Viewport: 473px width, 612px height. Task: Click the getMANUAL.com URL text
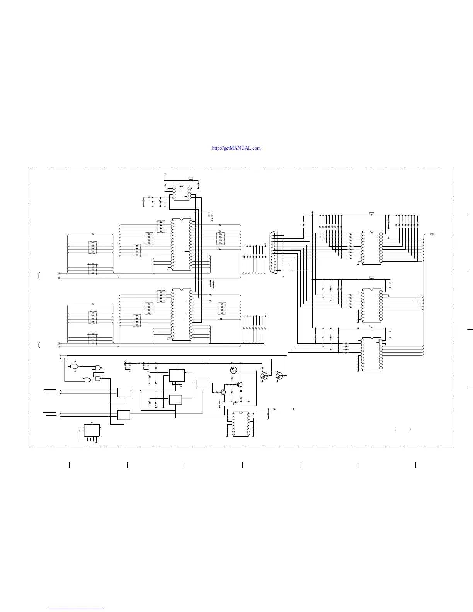pos(236,148)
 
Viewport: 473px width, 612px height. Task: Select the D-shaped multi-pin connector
pos(274,252)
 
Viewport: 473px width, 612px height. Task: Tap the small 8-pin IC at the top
pos(181,193)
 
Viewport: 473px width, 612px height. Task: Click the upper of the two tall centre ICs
pos(182,245)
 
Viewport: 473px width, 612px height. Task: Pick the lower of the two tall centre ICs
pos(182,314)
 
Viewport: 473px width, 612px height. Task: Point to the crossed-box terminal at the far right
pos(432,234)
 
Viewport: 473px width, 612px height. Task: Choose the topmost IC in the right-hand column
pos(372,248)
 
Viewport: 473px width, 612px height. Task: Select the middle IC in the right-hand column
pos(372,305)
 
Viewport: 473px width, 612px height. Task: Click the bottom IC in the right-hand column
pos(372,354)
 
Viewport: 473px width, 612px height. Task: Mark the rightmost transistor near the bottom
pos(279,376)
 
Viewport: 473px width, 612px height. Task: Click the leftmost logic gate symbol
pos(75,366)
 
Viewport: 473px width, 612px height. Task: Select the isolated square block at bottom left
pos(92,430)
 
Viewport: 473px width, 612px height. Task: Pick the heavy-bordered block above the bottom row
pos(177,376)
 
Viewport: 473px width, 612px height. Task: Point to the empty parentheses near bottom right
pos(403,429)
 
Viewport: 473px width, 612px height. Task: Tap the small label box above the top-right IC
pos(372,214)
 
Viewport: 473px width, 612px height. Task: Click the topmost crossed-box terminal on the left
pos(59,274)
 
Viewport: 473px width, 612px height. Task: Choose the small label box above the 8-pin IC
pos(191,178)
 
